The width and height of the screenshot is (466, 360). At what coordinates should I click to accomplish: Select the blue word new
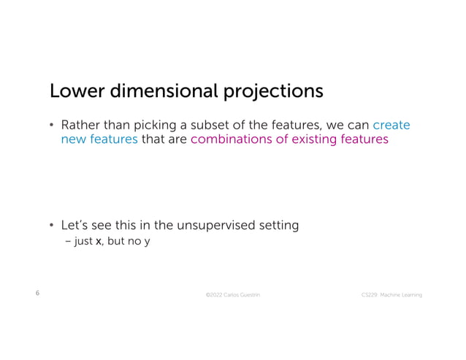pyautogui.click(x=72, y=139)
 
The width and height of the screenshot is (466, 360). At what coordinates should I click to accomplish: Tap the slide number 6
pyautogui.click(x=37, y=293)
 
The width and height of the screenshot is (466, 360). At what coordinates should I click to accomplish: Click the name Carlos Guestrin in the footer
pyautogui.click(x=242, y=294)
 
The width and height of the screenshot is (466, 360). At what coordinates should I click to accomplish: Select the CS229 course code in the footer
pyautogui.click(x=370, y=294)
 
